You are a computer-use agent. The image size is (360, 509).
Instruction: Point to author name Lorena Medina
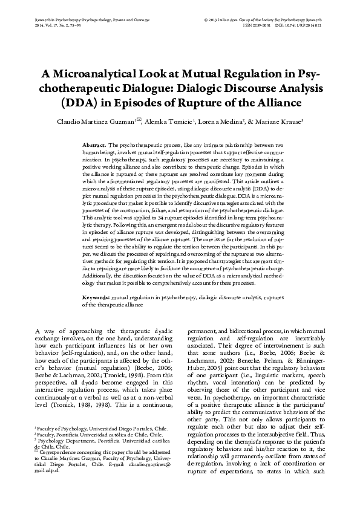(223, 120)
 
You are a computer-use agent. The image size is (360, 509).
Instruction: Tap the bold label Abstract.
(94, 146)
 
